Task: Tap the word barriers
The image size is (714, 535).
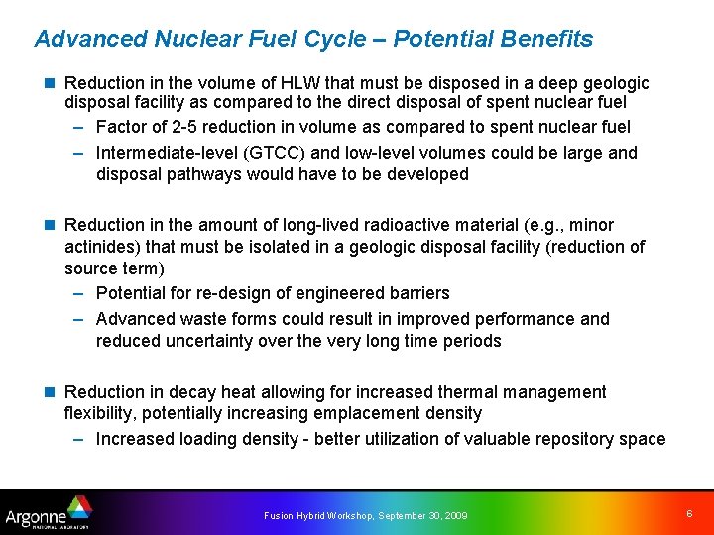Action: coord(416,293)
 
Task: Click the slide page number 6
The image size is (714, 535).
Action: coord(688,513)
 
